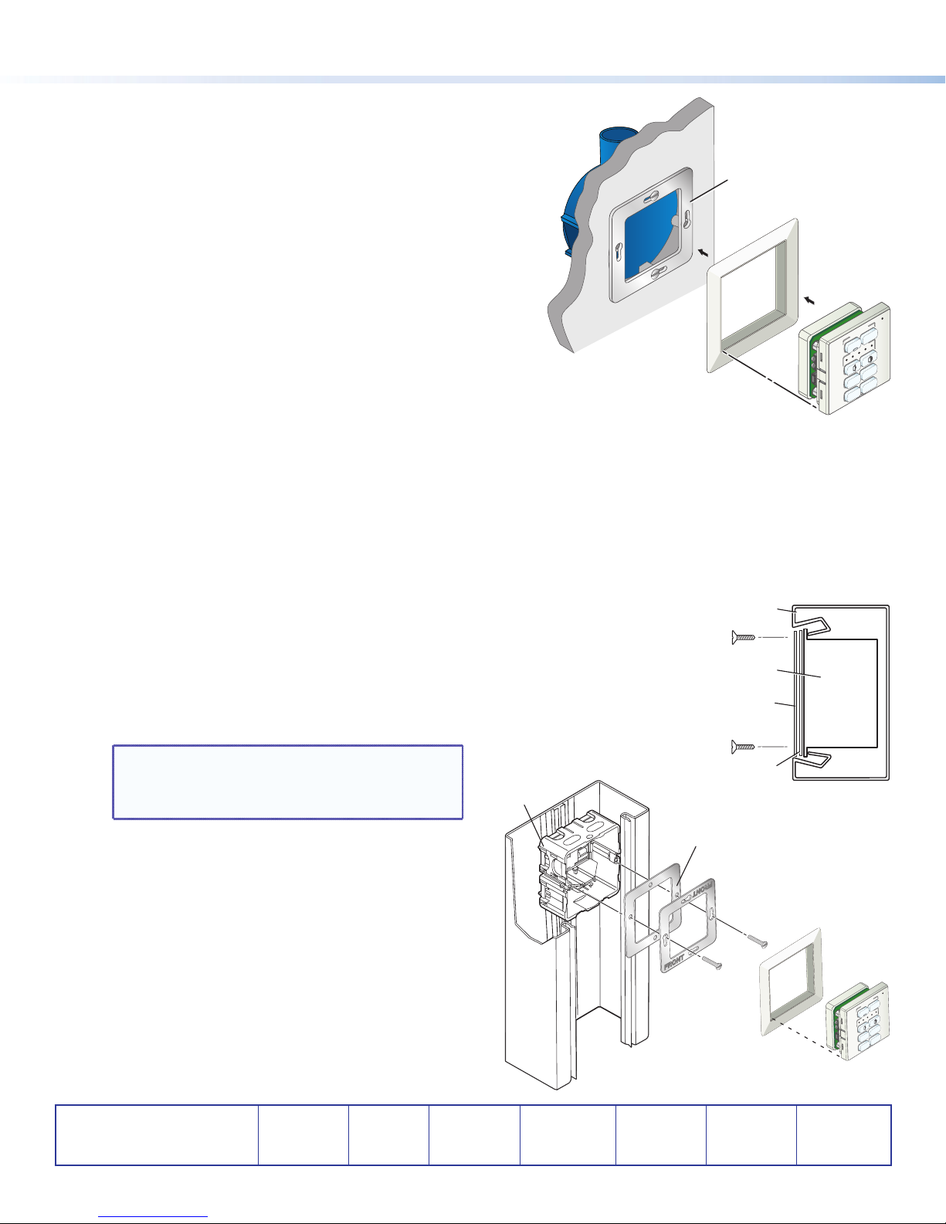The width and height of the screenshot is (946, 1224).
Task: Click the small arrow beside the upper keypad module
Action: tap(809, 300)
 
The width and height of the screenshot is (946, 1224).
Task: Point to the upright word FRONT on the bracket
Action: tap(675, 963)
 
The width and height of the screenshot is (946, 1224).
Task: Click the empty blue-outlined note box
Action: tap(288, 782)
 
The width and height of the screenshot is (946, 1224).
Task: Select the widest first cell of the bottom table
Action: tap(157, 1135)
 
